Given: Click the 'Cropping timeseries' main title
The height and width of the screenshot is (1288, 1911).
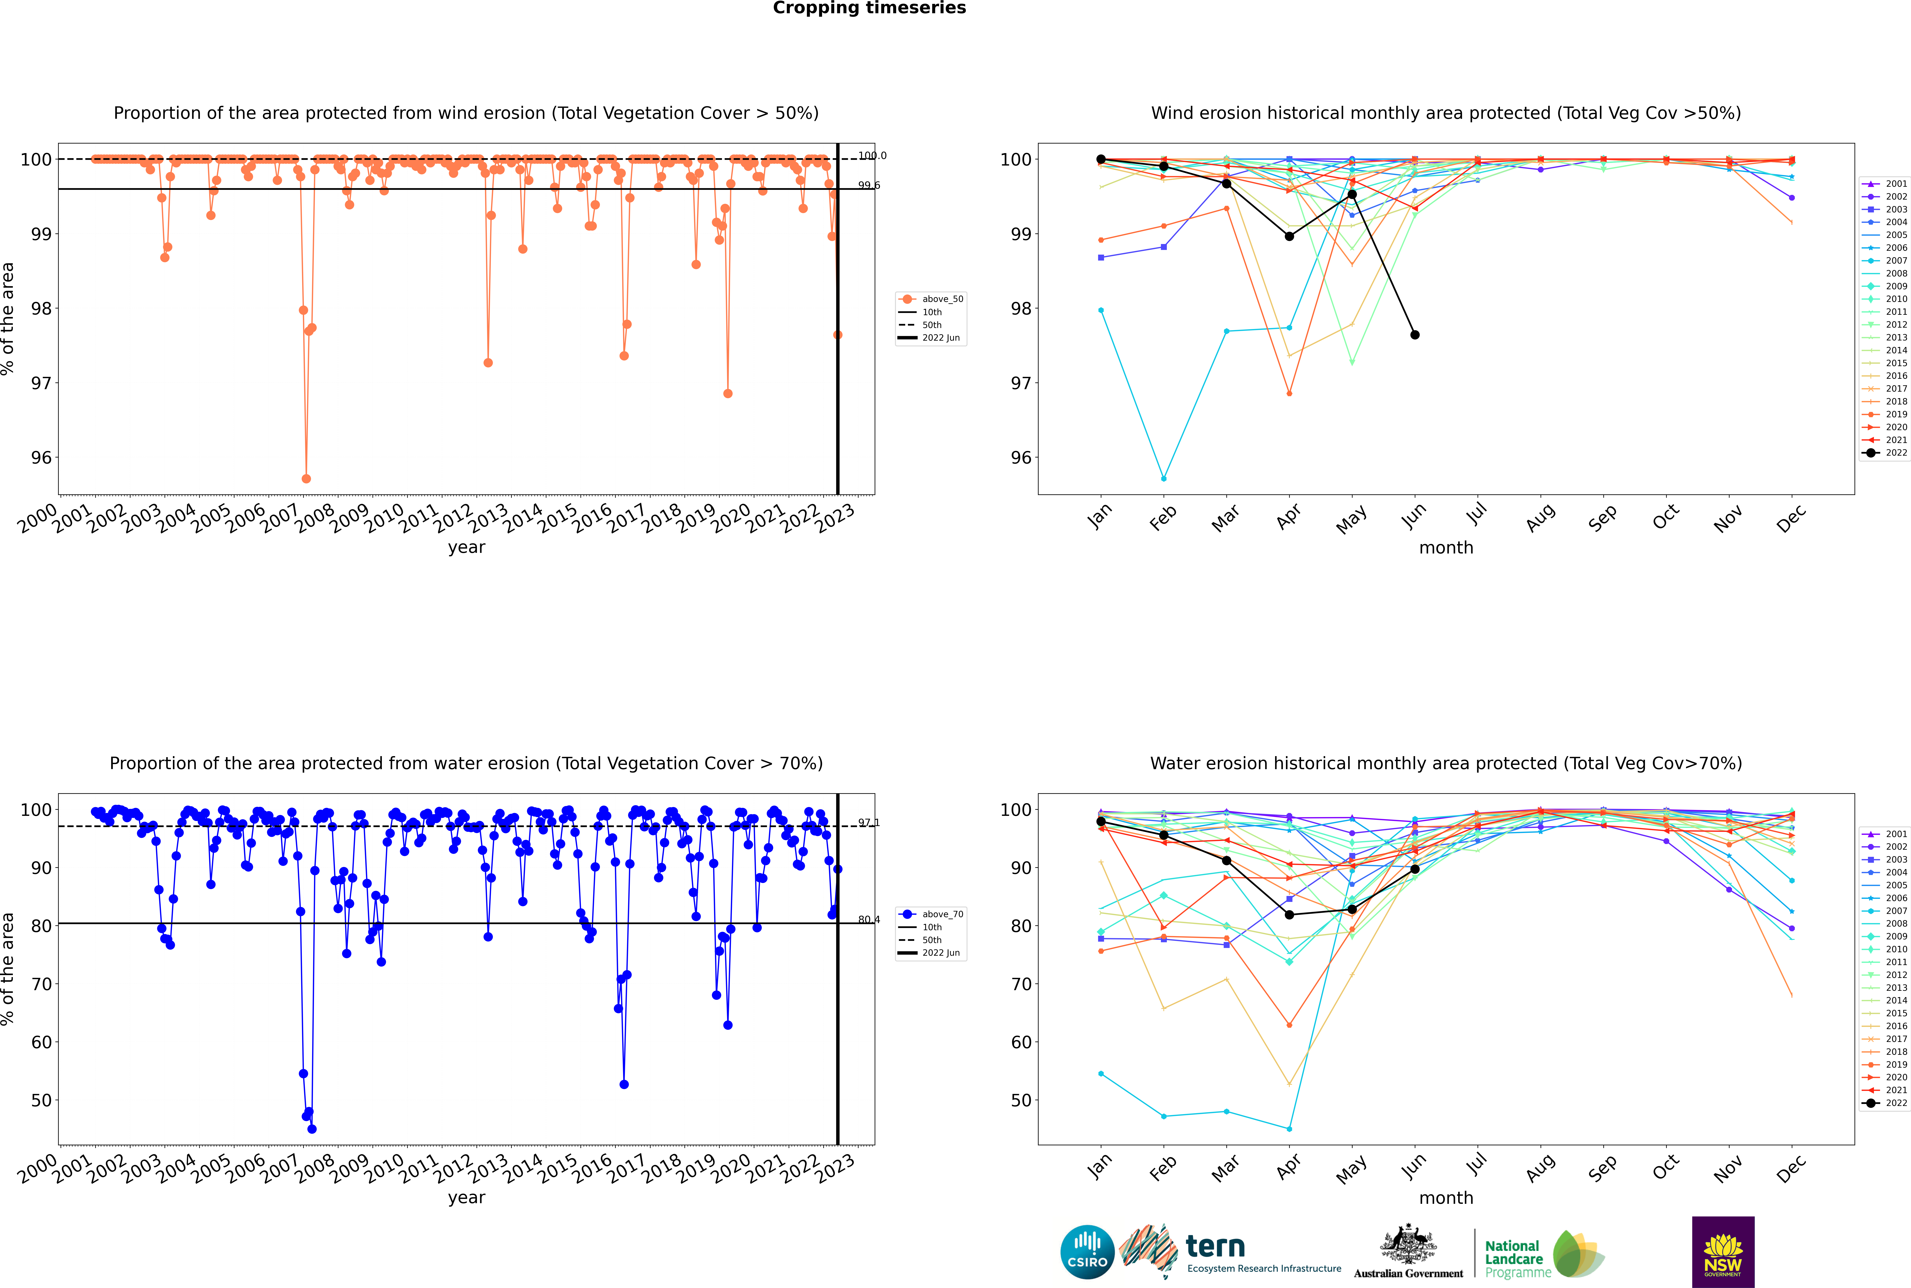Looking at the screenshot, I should coord(869,8).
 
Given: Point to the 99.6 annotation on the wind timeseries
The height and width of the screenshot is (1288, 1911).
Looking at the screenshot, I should coord(868,186).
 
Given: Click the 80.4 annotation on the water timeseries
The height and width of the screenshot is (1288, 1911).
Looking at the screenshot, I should coord(868,920).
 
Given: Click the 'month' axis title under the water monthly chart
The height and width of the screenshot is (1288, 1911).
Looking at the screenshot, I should coord(1446,1198).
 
